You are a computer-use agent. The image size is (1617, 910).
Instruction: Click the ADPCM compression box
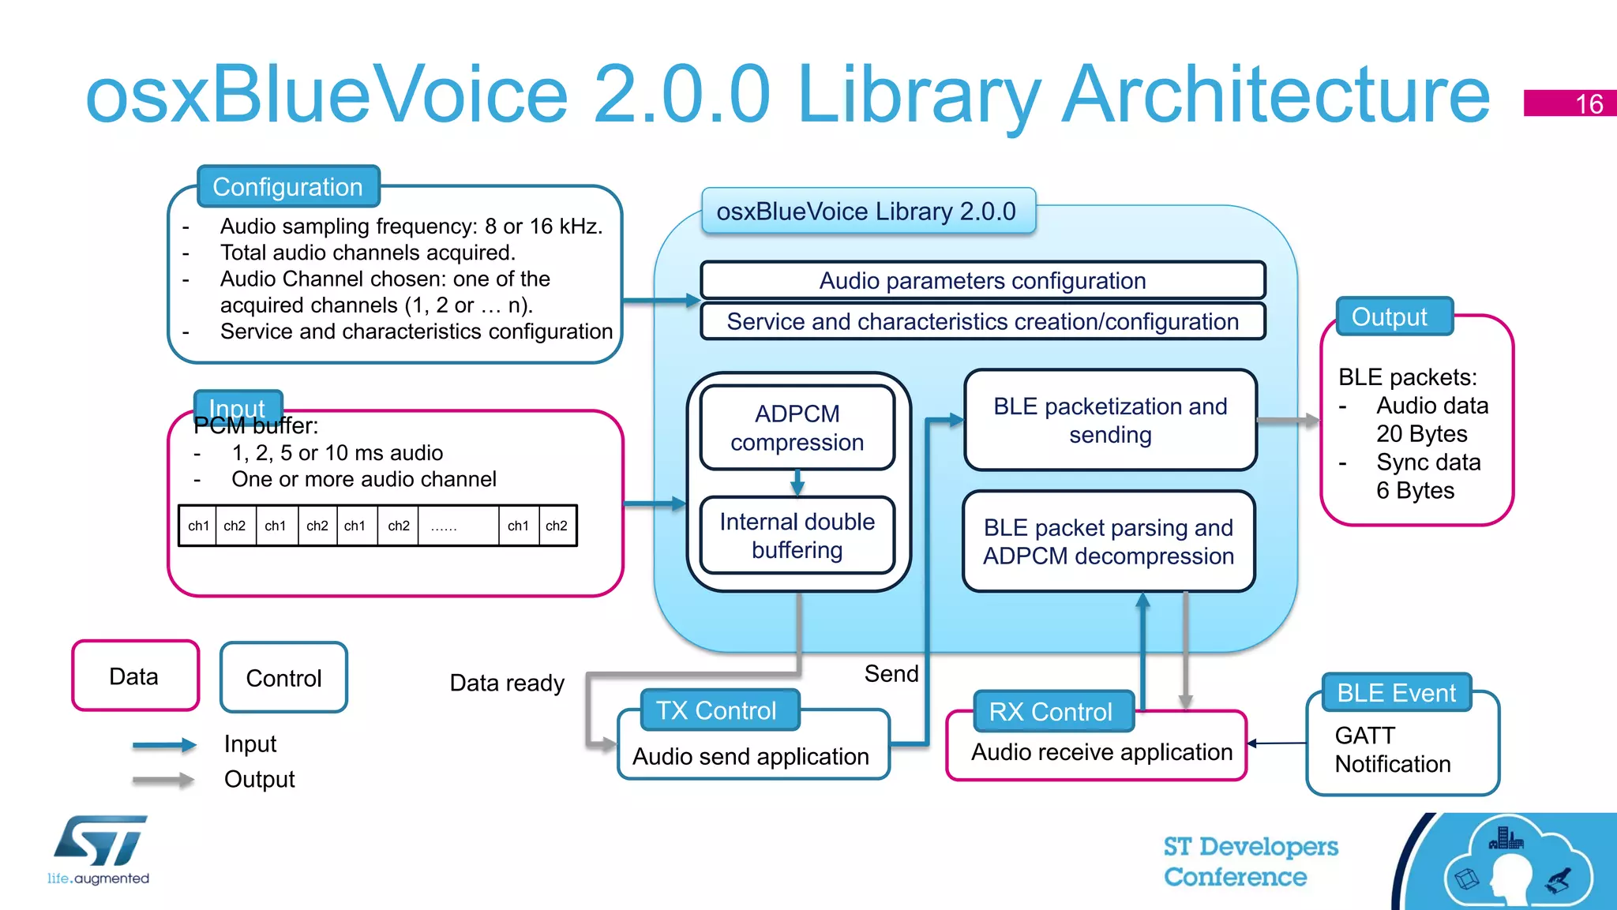[797, 428]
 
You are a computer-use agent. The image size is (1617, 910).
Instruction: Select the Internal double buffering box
[797, 536]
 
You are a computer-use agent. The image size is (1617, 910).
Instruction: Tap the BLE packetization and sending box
[1110, 420]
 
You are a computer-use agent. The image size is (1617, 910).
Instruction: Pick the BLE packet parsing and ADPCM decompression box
[1109, 541]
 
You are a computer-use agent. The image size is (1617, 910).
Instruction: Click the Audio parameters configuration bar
[982, 281]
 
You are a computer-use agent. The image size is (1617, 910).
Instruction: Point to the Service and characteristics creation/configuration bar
[982, 322]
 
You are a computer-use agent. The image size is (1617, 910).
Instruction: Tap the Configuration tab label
[288, 187]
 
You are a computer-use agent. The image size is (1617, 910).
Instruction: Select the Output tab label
[1390, 316]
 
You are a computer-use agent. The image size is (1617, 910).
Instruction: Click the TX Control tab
[717, 710]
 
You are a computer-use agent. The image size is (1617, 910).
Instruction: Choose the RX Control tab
[1050, 712]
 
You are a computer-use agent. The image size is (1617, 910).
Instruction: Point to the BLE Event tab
[1396, 693]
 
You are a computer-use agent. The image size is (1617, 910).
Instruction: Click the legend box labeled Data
[134, 676]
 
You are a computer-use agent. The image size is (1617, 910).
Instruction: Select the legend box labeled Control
[283, 678]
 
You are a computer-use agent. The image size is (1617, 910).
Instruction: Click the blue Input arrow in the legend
[164, 744]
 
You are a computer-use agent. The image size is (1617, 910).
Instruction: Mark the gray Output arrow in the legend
[164, 780]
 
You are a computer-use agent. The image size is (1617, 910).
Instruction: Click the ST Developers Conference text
[1251, 861]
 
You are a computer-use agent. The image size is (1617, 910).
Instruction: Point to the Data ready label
[507, 683]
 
